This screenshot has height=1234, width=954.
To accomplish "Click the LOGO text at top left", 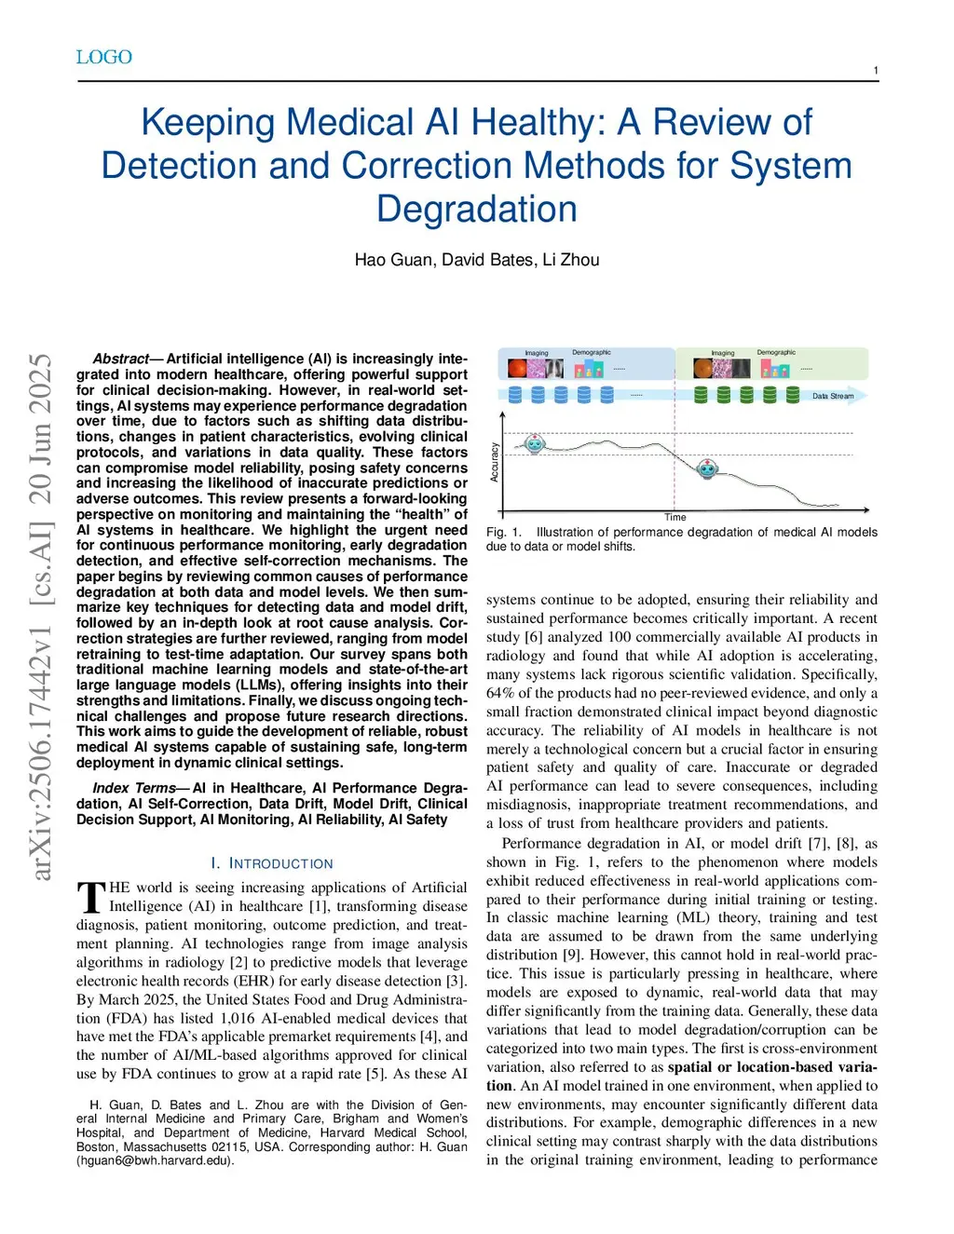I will point(103,57).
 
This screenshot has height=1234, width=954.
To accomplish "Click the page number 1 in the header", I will point(875,71).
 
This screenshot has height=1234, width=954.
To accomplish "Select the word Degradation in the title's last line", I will point(476,209).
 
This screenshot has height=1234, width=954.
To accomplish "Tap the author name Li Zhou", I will point(571,260).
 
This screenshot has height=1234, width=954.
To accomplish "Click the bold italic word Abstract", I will point(120,359).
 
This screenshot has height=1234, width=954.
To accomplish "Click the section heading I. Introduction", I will point(271,863).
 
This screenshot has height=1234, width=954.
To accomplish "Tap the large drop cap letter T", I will point(90,898).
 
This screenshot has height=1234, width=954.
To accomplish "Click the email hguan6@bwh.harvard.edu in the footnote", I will point(154,1160).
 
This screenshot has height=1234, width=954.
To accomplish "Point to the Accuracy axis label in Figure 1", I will point(495,462).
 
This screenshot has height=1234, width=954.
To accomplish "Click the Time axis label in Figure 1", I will point(675,517).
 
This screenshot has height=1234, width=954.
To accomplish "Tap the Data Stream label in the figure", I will point(832,396).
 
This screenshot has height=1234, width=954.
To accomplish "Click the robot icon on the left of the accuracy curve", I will point(534,443).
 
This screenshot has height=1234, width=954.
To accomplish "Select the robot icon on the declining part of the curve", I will point(708,468).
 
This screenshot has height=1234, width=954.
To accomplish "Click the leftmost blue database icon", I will point(514,394).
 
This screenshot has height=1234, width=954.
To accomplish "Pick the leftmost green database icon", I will point(701,394).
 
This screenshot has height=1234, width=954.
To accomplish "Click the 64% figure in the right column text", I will point(500,693).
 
